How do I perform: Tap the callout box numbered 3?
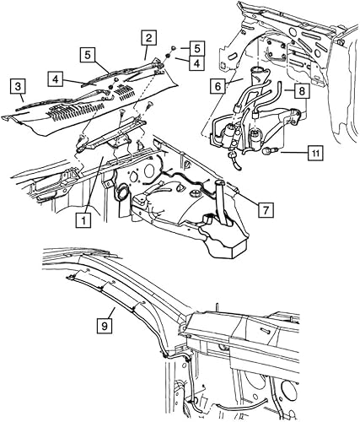17,86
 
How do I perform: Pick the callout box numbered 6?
217,86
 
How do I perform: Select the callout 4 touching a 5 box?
195,62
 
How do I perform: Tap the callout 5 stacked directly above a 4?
195,48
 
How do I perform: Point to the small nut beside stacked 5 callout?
172,48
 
